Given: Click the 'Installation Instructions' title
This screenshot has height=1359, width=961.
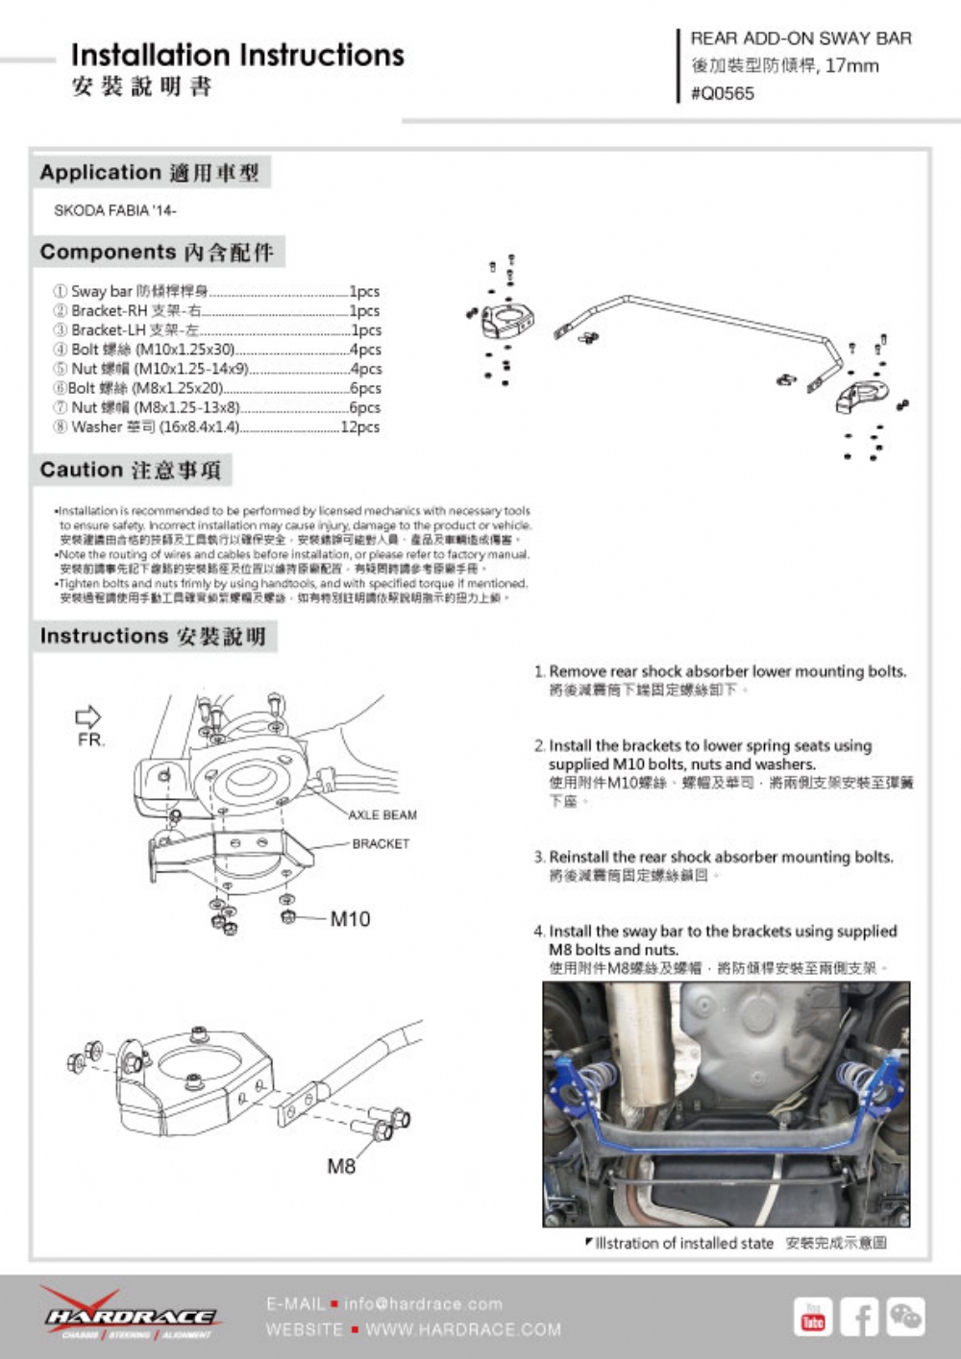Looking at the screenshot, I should [x=237, y=56].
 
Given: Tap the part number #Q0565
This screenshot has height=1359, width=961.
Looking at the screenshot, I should [x=723, y=93].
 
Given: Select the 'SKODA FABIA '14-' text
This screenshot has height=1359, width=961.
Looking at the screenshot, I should [x=115, y=210].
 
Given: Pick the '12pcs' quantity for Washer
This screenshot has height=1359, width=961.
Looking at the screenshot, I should [x=360, y=426].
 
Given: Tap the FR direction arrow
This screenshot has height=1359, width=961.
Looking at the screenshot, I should [x=88, y=716].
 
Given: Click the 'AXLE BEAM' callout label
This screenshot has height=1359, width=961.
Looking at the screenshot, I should [x=382, y=814].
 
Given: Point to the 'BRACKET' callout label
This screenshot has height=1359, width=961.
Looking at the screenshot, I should [x=381, y=843].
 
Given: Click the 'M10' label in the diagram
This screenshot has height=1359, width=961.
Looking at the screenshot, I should [x=350, y=919].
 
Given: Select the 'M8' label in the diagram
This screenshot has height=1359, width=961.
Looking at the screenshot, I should [x=341, y=1166].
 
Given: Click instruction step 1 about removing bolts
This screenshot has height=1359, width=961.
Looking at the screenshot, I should [x=727, y=671].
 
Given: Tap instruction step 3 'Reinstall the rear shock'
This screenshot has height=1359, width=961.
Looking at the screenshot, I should [x=721, y=857].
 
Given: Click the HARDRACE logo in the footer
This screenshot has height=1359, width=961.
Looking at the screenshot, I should [x=129, y=1315].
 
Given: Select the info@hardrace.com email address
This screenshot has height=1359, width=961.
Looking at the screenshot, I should [x=423, y=1303].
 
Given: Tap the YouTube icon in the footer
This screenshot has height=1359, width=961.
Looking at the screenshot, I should [x=813, y=1317].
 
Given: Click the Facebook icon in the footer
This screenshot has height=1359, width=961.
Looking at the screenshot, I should [x=859, y=1317].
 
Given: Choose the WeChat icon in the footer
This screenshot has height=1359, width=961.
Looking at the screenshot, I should [x=905, y=1317].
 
